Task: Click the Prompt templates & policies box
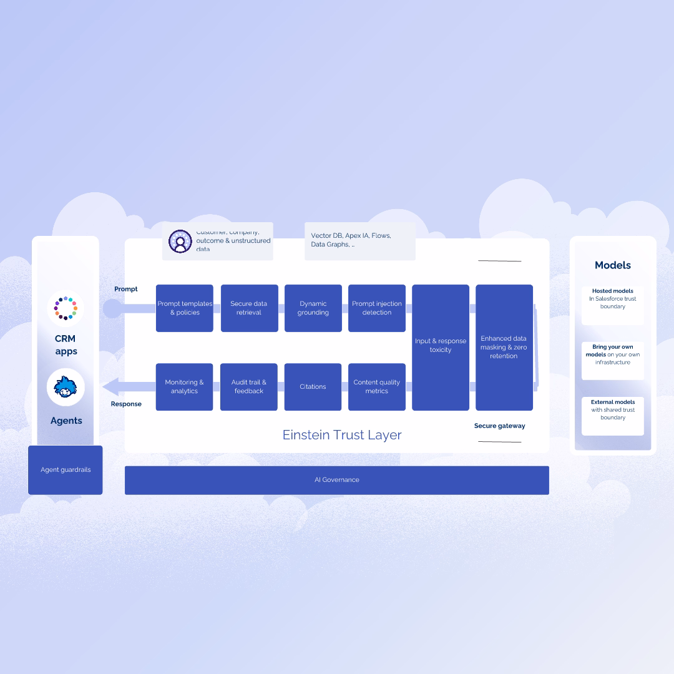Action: click(x=185, y=308)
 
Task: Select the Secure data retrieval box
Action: click(x=249, y=308)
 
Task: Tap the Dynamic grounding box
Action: click(x=313, y=308)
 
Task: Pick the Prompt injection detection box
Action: click(x=377, y=308)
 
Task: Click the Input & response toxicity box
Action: click(x=441, y=348)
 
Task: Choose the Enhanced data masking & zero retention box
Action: click(x=504, y=348)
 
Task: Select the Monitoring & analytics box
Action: click(x=185, y=387)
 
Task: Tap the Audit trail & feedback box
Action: click(x=249, y=387)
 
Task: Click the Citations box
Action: click(x=313, y=387)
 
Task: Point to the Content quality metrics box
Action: click(x=377, y=387)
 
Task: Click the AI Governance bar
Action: click(x=337, y=480)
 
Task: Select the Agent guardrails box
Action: click(x=66, y=470)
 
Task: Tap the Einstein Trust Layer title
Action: click(x=342, y=435)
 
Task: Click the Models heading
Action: click(x=613, y=265)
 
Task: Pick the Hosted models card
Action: click(x=613, y=305)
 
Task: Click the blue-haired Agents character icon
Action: click(x=66, y=388)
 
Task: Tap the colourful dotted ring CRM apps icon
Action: click(x=66, y=308)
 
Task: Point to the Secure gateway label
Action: click(x=499, y=426)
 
